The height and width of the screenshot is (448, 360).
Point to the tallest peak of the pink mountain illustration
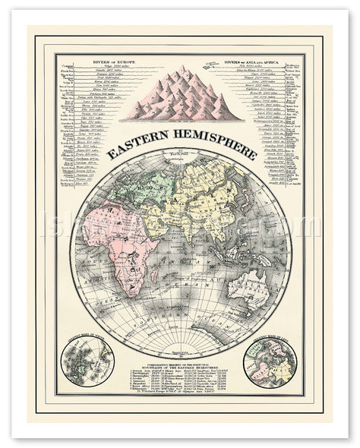point(182,71)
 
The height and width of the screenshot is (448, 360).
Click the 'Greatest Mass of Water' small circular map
point(89,361)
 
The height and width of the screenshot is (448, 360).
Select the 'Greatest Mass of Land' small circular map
point(270,361)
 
